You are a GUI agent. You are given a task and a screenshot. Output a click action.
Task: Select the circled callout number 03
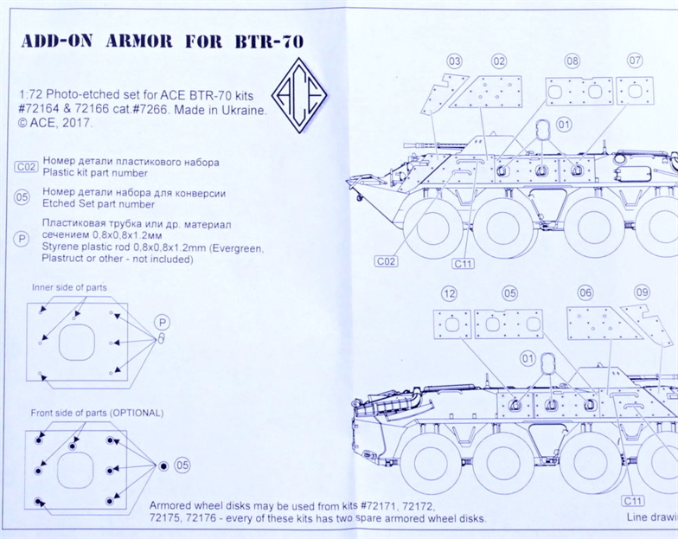(454, 61)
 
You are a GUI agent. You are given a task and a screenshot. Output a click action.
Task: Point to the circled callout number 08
(572, 61)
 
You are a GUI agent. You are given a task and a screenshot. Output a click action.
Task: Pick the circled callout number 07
(635, 61)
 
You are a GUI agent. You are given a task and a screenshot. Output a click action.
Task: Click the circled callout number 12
(448, 292)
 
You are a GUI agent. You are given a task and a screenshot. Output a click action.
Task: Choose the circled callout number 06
(585, 292)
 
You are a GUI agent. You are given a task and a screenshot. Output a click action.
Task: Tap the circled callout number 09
(642, 292)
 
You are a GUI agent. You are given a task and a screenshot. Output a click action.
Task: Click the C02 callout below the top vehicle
(386, 260)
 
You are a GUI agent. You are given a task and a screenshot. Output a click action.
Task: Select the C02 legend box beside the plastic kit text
(26, 167)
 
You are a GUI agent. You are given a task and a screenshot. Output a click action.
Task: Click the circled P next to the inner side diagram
(161, 322)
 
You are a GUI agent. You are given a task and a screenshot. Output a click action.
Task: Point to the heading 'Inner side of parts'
(69, 287)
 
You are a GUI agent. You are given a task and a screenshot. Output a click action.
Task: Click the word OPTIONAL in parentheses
(136, 413)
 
